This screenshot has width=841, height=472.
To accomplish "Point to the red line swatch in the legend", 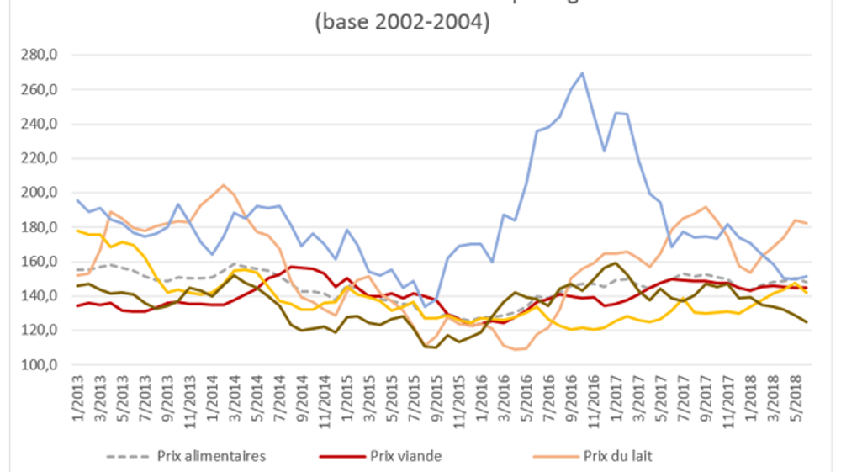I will tap(341, 456).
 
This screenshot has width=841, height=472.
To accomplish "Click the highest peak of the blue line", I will tap(583, 73).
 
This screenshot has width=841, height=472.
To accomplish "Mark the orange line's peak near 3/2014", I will tap(224, 185).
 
